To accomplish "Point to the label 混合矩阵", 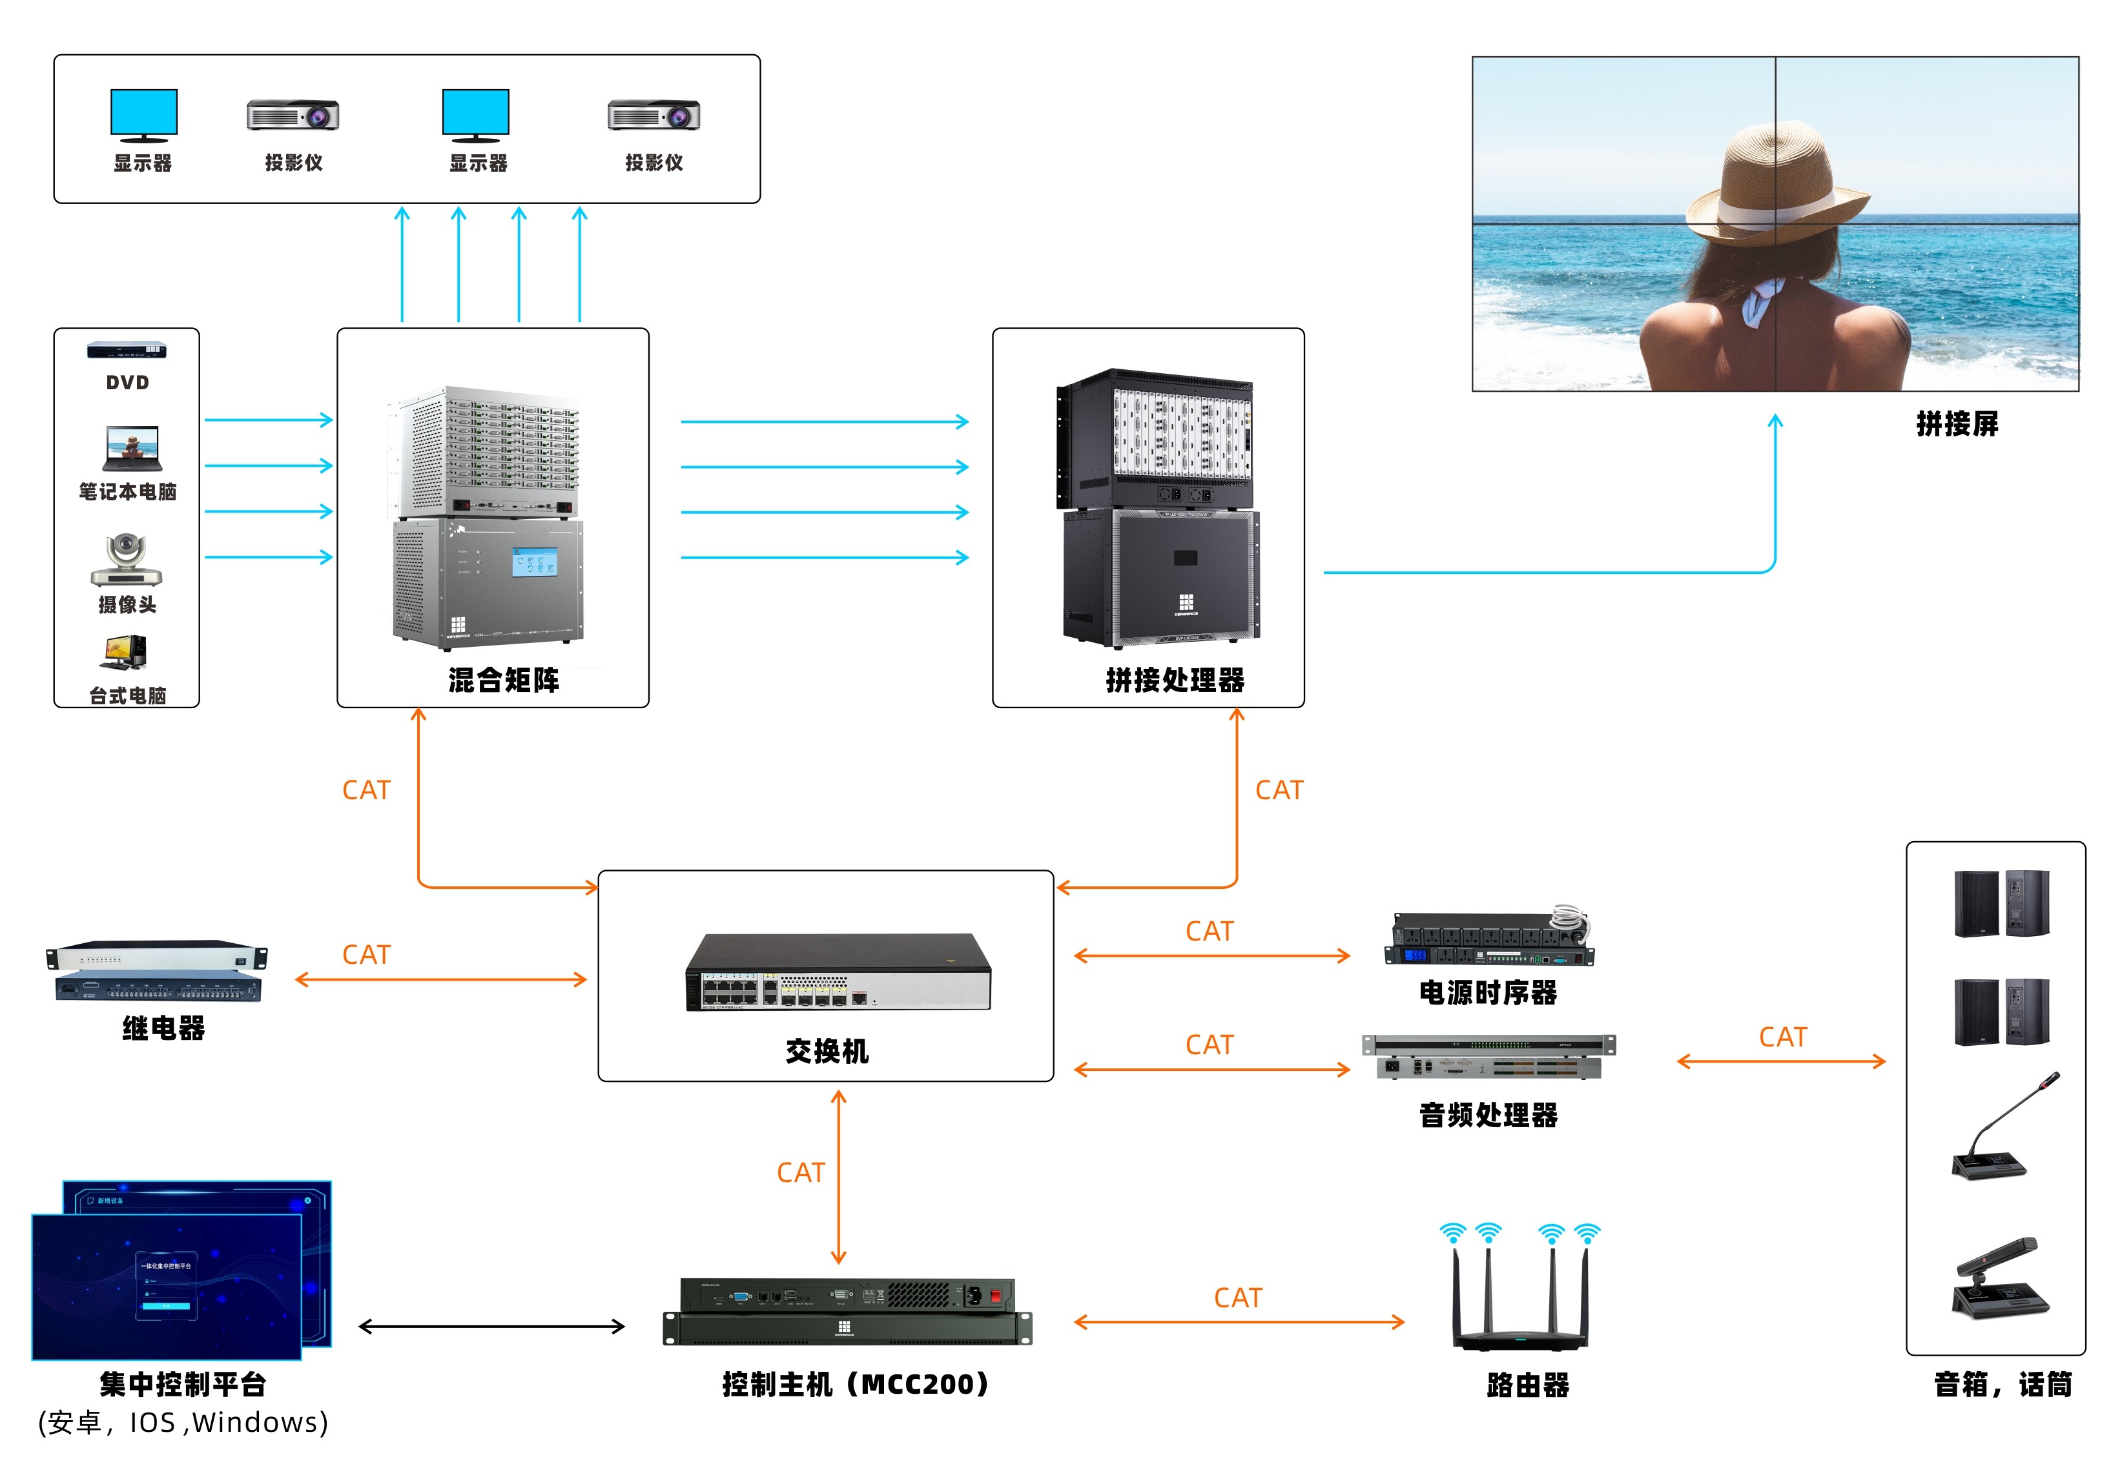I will tap(503, 680).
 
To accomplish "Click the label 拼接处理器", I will tap(1175, 680).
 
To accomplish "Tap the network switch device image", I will tap(838, 973).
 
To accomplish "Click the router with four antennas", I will tap(1520, 1297).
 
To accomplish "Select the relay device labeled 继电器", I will tap(158, 970).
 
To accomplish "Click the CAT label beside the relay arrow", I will tap(366, 955).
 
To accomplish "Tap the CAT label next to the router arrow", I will tap(1238, 1298).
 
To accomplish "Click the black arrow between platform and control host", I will tap(491, 1327).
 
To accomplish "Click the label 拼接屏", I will tap(1957, 424).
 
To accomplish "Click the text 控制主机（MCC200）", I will tap(855, 1384).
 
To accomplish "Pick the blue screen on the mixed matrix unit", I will tap(535, 563).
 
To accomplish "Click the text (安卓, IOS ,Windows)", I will tap(183, 1423).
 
